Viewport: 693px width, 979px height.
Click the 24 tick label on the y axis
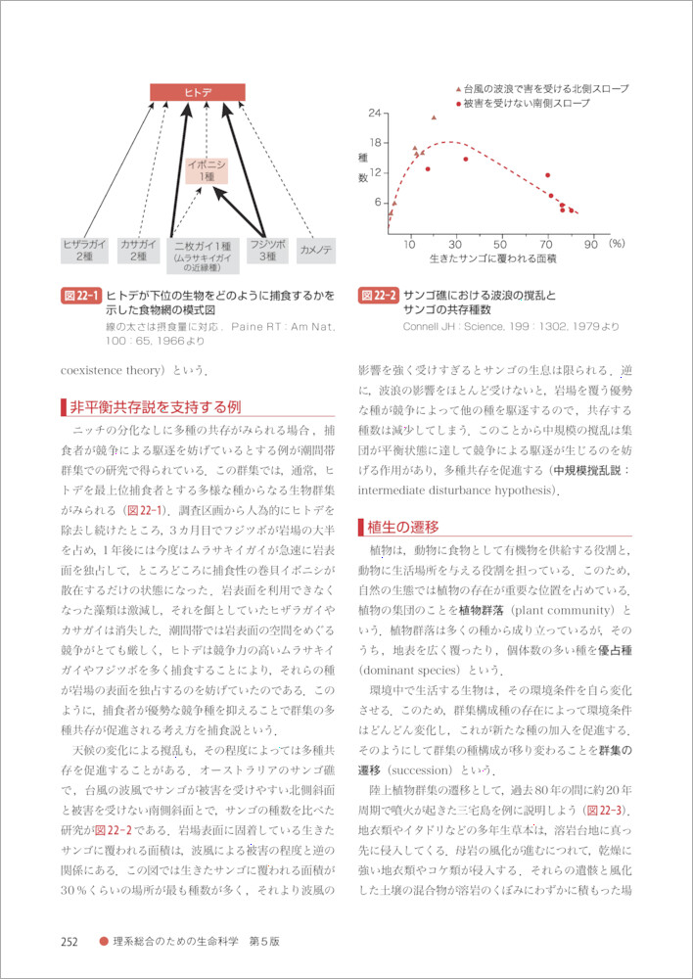(x=375, y=114)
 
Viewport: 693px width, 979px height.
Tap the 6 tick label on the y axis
(x=378, y=203)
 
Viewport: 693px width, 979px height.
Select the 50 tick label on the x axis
(x=500, y=242)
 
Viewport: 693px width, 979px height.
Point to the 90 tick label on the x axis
(x=589, y=242)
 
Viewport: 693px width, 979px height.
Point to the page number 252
(x=69, y=942)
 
